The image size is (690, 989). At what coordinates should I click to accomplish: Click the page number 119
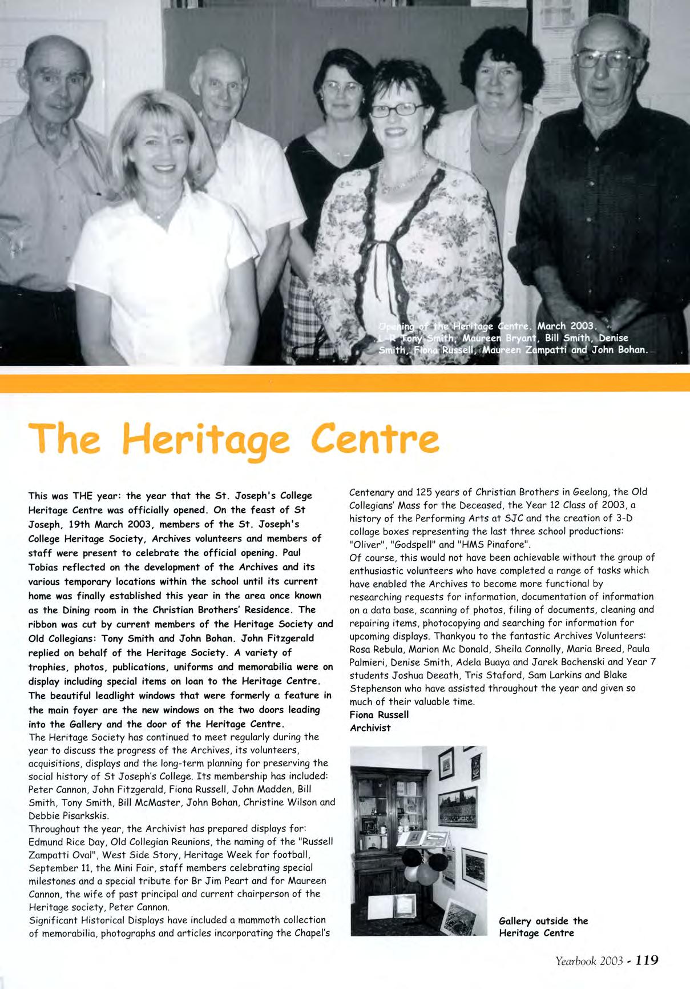tap(647, 960)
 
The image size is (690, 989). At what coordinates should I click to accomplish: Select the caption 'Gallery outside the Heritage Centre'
tap(543, 927)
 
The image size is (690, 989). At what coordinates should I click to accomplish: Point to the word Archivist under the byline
tap(370, 728)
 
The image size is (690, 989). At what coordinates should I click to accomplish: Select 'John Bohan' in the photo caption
tap(618, 349)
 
